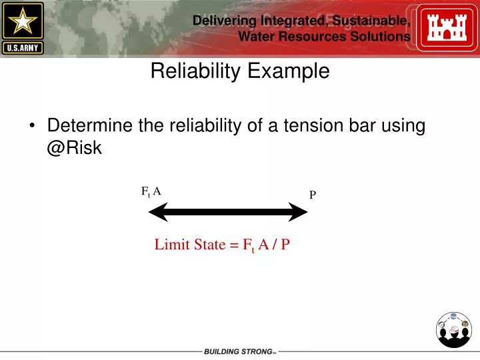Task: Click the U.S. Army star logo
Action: pos(23,21)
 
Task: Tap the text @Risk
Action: pos(74,148)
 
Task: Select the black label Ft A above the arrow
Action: pos(151,192)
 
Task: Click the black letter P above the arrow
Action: pos(312,195)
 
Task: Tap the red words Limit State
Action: pos(190,245)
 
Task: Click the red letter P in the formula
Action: pos(285,245)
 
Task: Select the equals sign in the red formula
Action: pos(234,245)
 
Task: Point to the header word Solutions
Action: pos(378,37)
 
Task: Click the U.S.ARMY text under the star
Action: pos(23,47)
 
